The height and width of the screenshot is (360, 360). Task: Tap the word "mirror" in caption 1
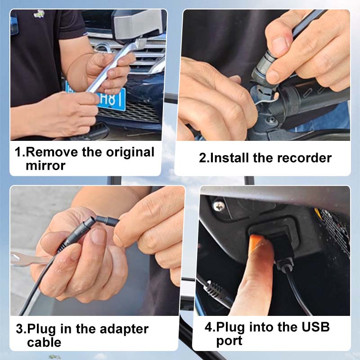pos(45,166)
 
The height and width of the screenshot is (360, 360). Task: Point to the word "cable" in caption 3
pos(44,342)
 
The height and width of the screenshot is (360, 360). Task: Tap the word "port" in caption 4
pos(229,341)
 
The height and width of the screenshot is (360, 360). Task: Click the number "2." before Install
pos(204,158)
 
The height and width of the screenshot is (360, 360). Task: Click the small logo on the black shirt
pos(39,14)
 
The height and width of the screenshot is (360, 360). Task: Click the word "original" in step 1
pos(130,152)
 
